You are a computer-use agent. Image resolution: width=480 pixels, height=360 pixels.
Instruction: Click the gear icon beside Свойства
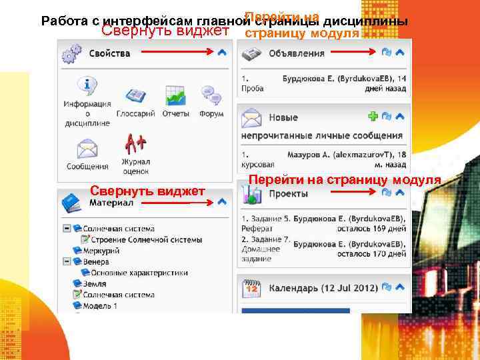(x=71, y=53)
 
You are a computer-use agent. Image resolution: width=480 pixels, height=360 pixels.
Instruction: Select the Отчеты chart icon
(x=175, y=97)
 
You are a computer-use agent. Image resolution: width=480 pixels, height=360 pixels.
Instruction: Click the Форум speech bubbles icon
(x=211, y=97)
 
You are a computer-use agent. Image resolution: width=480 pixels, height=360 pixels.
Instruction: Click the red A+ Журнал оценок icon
(x=135, y=144)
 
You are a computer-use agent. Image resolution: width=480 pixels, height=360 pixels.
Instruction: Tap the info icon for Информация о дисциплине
(x=87, y=87)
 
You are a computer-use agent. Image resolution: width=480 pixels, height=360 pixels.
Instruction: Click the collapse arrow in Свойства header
(x=222, y=53)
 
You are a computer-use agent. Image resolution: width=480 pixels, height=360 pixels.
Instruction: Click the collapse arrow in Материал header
(x=222, y=201)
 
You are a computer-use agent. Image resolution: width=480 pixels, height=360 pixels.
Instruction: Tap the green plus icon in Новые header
(x=373, y=116)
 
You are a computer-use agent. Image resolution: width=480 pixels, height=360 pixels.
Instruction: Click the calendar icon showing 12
(x=252, y=288)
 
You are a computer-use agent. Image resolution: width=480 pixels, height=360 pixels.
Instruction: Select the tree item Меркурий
(x=101, y=250)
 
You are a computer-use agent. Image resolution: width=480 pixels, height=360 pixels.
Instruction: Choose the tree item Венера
(x=95, y=261)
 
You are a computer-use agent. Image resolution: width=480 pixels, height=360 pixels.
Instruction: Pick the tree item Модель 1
(x=99, y=305)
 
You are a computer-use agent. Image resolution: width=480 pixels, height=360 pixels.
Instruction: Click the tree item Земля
(x=93, y=283)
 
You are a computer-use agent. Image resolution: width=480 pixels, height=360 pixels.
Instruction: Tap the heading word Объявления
(x=296, y=53)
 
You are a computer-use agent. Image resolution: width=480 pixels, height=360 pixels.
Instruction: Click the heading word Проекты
(x=288, y=194)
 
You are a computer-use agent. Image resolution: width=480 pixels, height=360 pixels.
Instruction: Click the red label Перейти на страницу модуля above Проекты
(x=344, y=179)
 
